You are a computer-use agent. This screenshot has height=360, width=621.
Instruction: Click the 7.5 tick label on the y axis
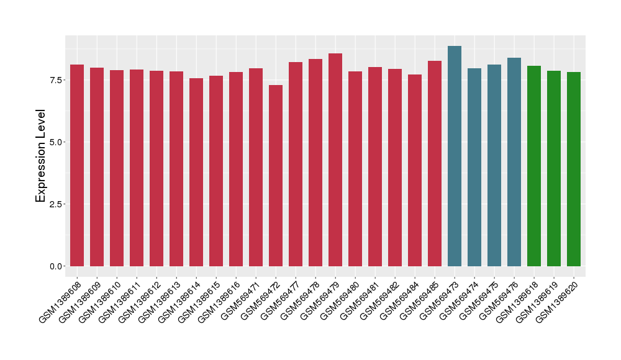coord(55,80)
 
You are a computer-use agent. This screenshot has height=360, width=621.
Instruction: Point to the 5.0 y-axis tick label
coord(55,142)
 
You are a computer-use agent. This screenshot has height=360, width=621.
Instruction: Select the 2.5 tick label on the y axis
coord(55,204)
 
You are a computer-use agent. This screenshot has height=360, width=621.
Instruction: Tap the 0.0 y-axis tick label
coord(55,266)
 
